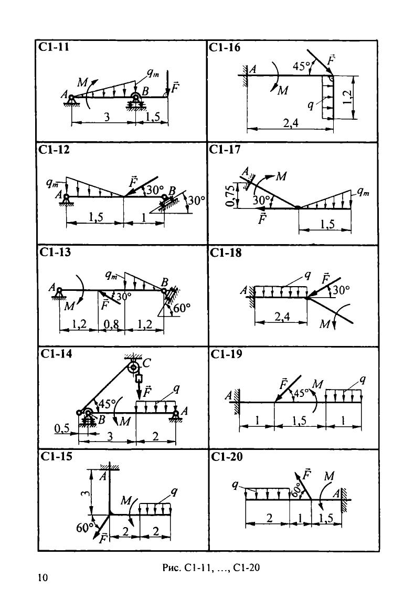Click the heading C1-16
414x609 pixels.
pyautogui.click(x=225, y=47)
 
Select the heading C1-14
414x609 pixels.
pyautogui.click(x=56, y=354)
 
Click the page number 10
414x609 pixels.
pyautogui.click(x=43, y=577)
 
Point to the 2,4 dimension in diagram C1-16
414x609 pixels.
pyautogui.click(x=291, y=123)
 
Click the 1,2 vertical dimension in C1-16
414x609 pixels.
pyautogui.click(x=348, y=97)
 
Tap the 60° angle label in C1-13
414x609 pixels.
pyautogui.click(x=182, y=308)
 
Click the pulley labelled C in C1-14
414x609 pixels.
pyautogui.click(x=133, y=366)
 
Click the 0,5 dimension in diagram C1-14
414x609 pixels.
pyautogui.click(x=62, y=428)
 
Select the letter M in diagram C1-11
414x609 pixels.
pyautogui.click(x=82, y=82)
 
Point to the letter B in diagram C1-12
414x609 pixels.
pyautogui.click(x=172, y=191)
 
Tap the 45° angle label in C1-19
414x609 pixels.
pyautogui.click(x=301, y=393)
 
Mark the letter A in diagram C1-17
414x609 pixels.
pyautogui.click(x=245, y=171)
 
